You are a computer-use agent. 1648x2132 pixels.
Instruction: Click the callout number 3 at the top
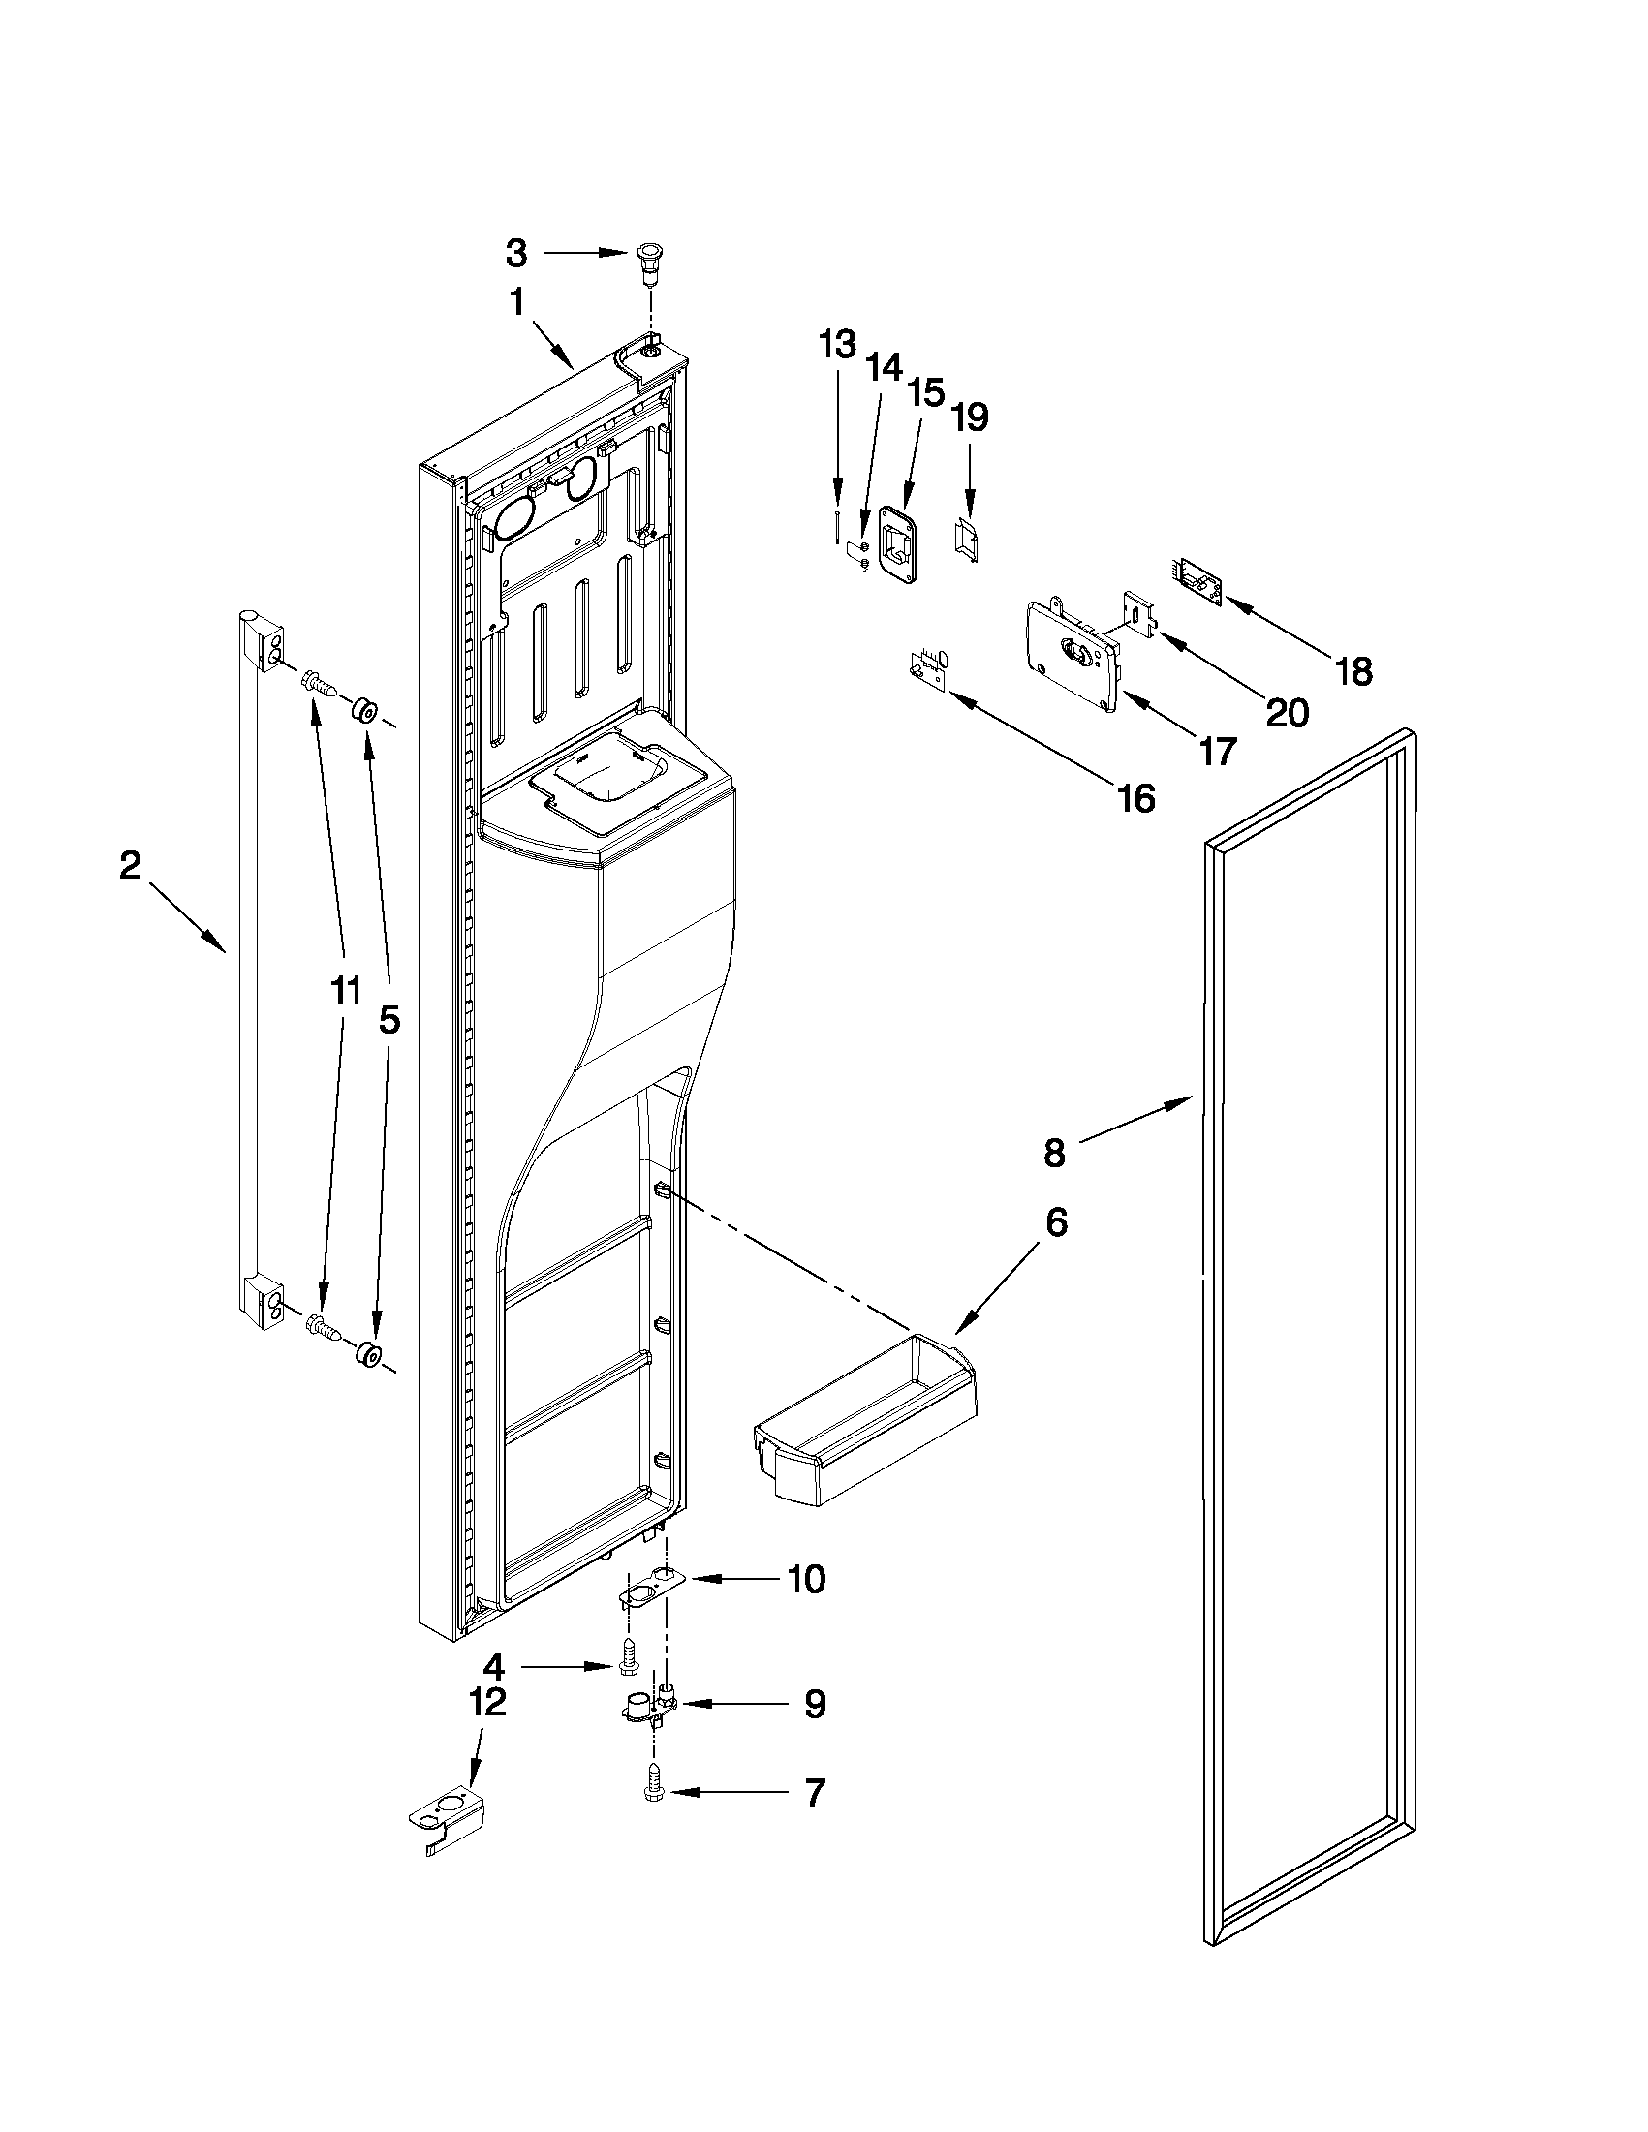[516, 254]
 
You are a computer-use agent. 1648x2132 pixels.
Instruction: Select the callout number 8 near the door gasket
[1054, 1153]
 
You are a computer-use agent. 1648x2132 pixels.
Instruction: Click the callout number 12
[488, 1703]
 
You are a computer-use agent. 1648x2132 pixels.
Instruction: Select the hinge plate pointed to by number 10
[648, 1591]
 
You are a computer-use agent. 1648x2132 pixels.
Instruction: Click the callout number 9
[814, 1704]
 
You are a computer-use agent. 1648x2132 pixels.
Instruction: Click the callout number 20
[1287, 714]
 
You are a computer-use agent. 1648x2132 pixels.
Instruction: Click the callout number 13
[838, 345]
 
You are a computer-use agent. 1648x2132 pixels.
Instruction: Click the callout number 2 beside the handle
[131, 865]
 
